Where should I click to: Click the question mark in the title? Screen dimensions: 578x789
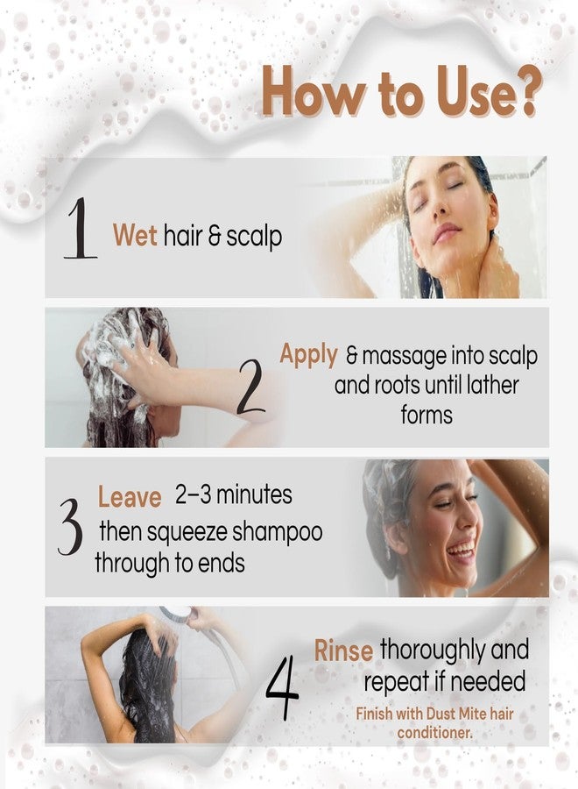point(526,92)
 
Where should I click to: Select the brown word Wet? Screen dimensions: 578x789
point(135,236)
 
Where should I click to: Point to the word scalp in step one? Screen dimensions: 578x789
point(253,237)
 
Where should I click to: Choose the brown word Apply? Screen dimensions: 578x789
point(308,355)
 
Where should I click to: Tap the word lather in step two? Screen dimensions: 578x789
point(492,386)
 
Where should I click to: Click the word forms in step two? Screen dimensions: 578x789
point(426,416)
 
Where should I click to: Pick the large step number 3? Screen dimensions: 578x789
point(70,527)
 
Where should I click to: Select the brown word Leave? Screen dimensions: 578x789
point(130,497)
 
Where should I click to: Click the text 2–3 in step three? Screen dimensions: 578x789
point(193,494)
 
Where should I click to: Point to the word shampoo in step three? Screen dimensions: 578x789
point(277,533)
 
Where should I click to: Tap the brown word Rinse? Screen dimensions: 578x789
point(343,650)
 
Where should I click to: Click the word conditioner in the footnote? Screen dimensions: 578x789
point(433,733)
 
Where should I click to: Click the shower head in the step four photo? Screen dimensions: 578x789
point(176,614)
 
